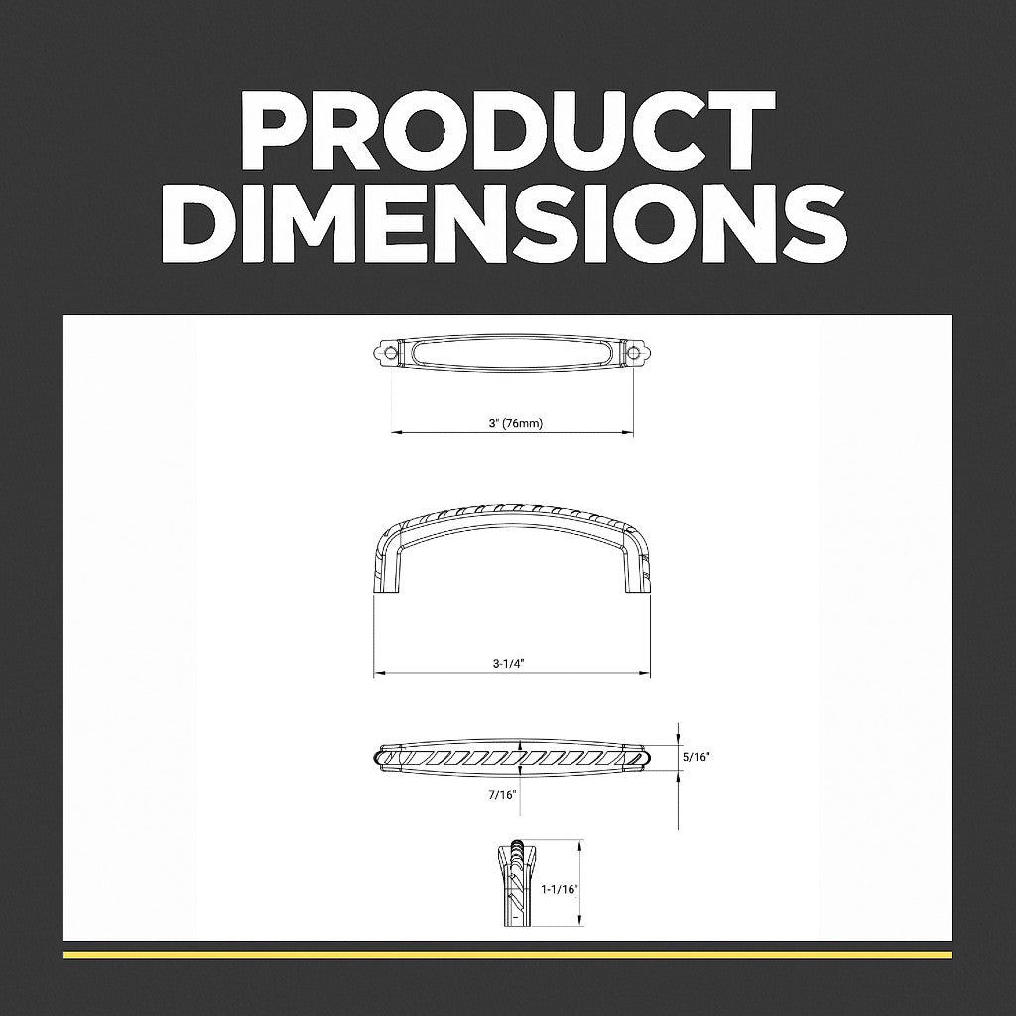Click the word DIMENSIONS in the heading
click(x=503, y=222)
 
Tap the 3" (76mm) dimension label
click(x=516, y=423)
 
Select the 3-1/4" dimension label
click(x=508, y=664)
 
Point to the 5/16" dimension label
click(x=697, y=756)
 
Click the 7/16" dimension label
click(x=503, y=795)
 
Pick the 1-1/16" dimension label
click(x=559, y=890)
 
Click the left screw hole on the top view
click(x=391, y=352)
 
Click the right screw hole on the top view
click(x=632, y=352)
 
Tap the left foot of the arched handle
click(x=384, y=585)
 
